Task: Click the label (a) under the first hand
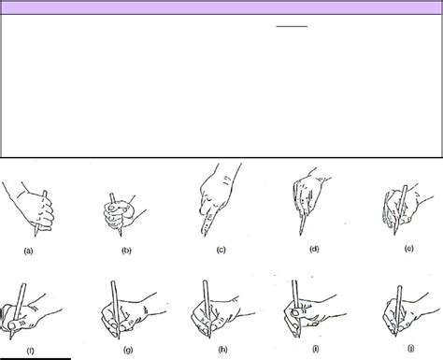coord(28,251)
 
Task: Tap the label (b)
coord(126,251)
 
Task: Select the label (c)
coord(221,250)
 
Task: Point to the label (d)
coord(314,249)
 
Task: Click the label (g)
coord(128,350)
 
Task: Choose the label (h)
coord(222,350)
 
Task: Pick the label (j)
coord(411,348)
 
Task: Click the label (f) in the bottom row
coord(30,351)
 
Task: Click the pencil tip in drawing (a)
coord(36,235)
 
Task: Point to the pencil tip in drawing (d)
coord(300,234)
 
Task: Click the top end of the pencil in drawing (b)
coord(111,194)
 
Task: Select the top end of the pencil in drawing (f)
coord(23,284)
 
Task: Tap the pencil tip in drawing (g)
coord(119,338)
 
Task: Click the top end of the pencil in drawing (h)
coord(206,281)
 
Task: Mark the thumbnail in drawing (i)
coord(295,312)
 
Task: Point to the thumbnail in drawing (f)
coord(12,325)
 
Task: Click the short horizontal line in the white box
coord(292,26)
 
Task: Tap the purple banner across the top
coord(221,7)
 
